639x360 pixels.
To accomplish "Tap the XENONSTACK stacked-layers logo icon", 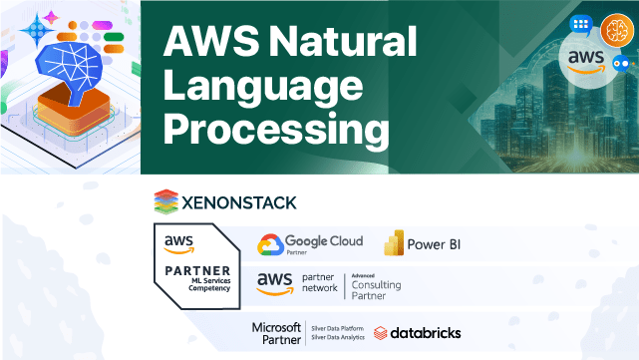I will pos(165,202).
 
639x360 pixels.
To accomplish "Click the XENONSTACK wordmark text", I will pos(239,202).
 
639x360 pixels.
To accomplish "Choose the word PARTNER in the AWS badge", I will pos(195,271).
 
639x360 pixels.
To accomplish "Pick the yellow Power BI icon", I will pos(391,244).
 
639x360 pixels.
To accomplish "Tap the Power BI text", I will pos(435,244).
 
